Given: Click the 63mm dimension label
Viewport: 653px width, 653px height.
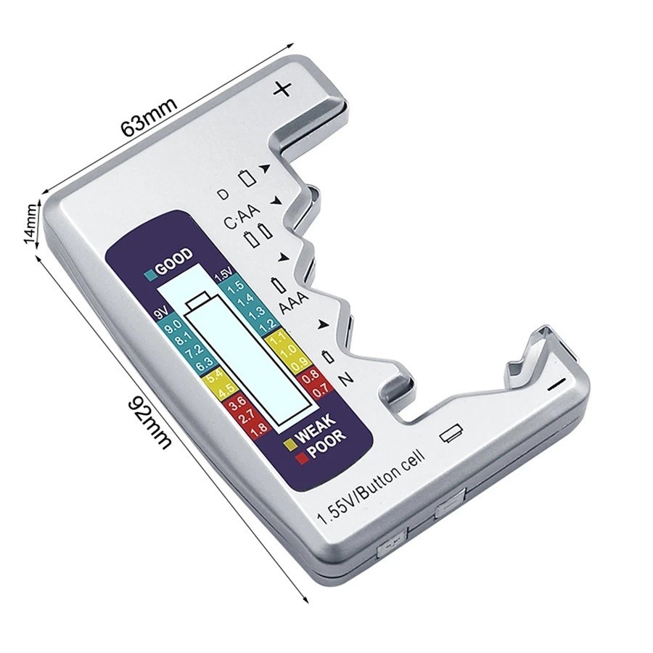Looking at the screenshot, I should coord(148,115).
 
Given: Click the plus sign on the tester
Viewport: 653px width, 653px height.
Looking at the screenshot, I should coord(283,89).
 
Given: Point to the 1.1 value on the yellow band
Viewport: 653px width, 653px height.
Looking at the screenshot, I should coord(277,340).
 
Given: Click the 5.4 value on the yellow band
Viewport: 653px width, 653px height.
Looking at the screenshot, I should coord(215,375).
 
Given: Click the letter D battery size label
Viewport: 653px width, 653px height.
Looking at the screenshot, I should coord(223,194).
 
